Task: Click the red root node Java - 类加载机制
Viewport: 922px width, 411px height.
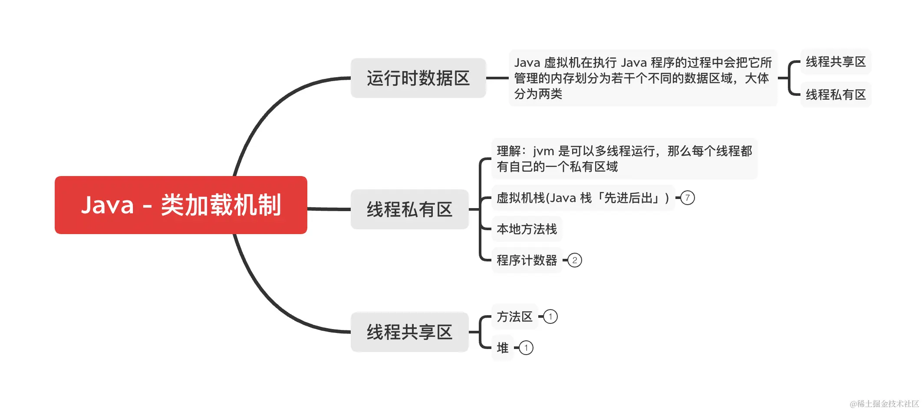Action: pyautogui.click(x=181, y=205)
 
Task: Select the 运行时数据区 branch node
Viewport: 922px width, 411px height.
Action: pyautogui.click(x=418, y=78)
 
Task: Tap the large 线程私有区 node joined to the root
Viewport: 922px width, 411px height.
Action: pyautogui.click(x=409, y=209)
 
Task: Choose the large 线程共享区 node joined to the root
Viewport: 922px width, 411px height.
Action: pyautogui.click(x=409, y=332)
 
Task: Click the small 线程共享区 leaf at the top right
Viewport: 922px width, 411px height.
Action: pyautogui.click(x=836, y=62)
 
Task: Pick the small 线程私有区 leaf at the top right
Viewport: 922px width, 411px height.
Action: pyautogui.click(x=836, y=95)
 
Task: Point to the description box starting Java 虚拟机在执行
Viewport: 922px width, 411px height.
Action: pyautogui.click(x=642, y=78)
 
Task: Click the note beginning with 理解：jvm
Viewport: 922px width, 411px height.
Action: pyautogui.click(x=624, y=159)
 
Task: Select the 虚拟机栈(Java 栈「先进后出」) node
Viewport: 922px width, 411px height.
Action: pyautogui.click(x=583, y=198)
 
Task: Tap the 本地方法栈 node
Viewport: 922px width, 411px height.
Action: pyautogui.click(x=527, y=229)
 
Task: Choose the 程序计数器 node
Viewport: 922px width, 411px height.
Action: pyautogui.click(x=527, y=260)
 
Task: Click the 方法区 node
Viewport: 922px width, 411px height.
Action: pyautogui.click(x=514, y=316)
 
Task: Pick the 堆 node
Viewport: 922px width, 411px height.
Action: pyautogui.click(x=503, y=348)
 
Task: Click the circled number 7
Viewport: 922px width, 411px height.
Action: pyautogui.click(x=688, y=198)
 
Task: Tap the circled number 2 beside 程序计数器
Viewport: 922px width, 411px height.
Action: pyautogui.click(x=575, y=260)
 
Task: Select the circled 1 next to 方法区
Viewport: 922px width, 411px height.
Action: pyautogui.click(x=550, y=316)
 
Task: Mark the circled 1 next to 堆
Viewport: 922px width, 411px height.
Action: pyautogui.click(x=526, y=348)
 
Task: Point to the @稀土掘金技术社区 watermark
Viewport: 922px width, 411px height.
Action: pyautogui.click(x=884, y=404)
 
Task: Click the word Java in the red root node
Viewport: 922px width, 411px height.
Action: pyautogui.click(x=107, y=205)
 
